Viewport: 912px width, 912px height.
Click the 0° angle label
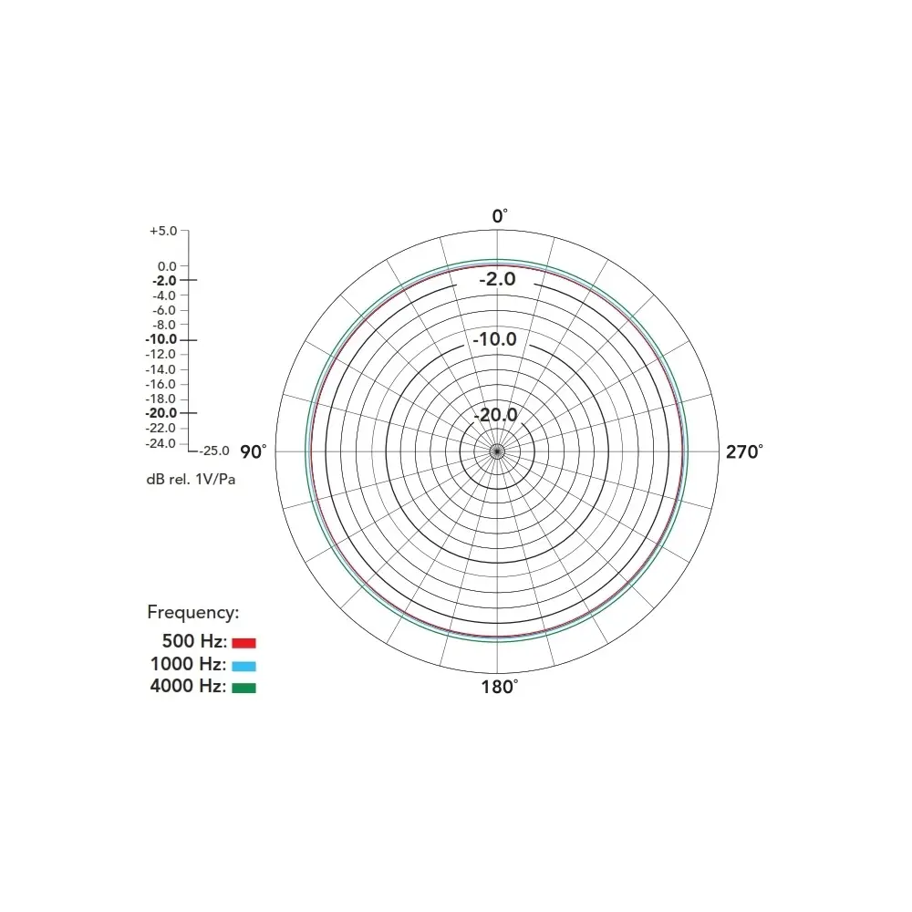[500, 216]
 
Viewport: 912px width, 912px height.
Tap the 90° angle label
[253, 452]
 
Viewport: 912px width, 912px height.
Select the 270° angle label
[744, 452]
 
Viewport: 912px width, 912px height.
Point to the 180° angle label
[499, 687]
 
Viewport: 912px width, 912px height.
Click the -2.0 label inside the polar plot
[497, 279]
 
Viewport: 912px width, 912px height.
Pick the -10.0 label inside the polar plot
[494, 339]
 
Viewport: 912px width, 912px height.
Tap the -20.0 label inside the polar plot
[495, 415]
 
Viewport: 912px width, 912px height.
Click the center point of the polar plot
[497, 451]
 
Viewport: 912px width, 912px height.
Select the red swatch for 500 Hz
[244, 643]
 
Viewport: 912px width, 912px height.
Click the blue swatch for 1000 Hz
[244, 666]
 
